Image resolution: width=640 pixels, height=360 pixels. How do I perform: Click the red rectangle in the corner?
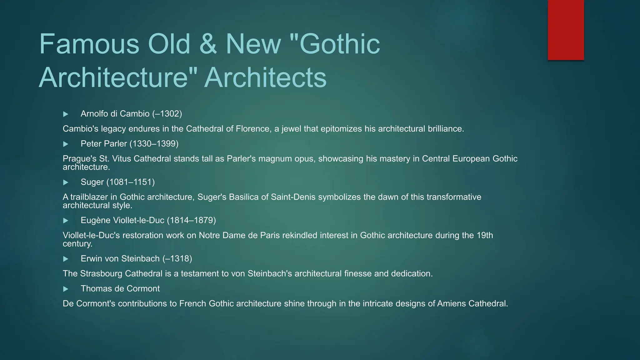click(566, 30)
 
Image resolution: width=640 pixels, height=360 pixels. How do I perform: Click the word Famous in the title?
click(89, 44)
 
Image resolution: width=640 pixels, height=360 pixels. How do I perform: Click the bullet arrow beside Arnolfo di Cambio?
click(66, 114)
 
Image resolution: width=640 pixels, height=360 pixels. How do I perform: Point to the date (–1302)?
click(167, 114)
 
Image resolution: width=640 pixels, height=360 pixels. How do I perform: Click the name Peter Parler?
click(103, 144)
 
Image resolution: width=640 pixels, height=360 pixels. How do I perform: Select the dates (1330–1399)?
click(154, 144)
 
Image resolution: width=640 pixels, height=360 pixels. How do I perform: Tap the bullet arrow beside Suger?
click(66, 182)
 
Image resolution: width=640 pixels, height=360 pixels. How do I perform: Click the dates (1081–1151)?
click(130, 182)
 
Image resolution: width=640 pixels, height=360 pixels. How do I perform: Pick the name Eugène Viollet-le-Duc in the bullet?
click(122, 220)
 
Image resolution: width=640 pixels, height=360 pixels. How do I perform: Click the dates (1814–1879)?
click(191, 220)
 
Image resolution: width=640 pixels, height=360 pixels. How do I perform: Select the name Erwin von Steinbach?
click(120, 259)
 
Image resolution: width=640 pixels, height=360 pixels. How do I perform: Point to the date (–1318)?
click(177, 259)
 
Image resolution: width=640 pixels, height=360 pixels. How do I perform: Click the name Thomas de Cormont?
click(120, 289)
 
